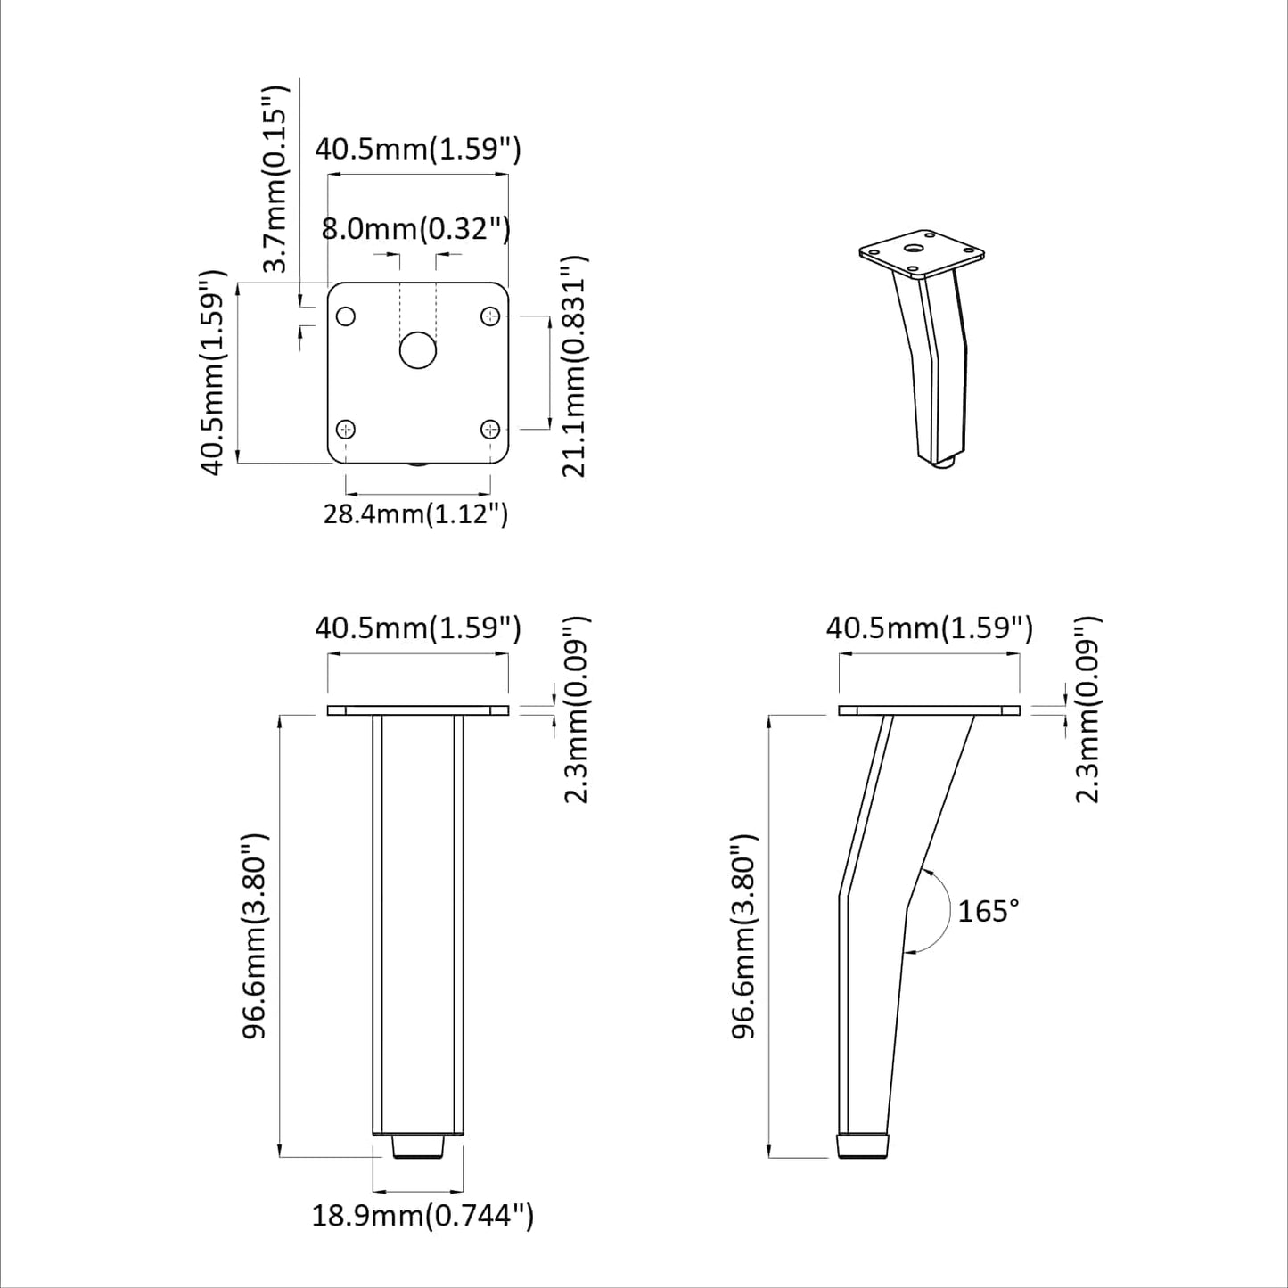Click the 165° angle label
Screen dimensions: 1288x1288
click(988, 911)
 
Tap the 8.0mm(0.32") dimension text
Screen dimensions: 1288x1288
click(415, 229)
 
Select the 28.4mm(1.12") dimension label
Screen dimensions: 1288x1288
click(415, 514)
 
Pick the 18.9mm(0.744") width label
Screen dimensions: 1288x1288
click(422, 1215)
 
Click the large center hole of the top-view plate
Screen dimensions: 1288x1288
click(417, 350)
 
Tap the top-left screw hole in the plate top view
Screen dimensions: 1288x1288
click(346, 316)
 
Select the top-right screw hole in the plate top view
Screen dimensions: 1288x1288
click(490, 316)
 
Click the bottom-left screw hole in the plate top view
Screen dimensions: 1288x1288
click(346, 430)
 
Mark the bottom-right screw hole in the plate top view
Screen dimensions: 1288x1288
click(490, 430)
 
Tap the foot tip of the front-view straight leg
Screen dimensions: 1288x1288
click(419, 1146)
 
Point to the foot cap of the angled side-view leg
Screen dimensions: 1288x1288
click(864, 1145)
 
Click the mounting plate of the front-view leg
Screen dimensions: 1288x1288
click(418, 710)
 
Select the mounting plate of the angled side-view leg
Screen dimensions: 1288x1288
click(930, 710)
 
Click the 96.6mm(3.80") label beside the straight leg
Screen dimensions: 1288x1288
click(256, 936)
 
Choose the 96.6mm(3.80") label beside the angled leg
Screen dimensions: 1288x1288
click(743, 936)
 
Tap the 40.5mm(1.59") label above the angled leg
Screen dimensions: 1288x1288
click(930, 628)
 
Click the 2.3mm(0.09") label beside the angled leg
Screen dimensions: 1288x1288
click(1088, 709)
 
